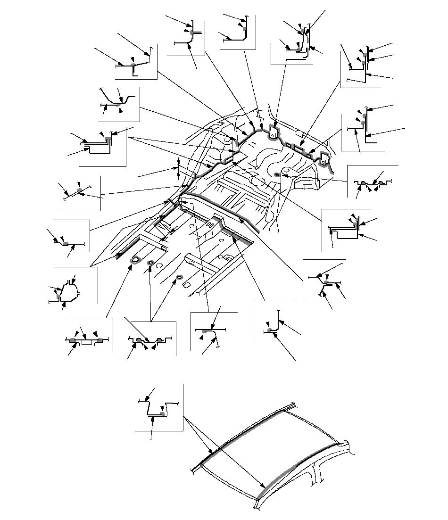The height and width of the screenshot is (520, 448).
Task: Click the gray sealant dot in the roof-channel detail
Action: point(162,413)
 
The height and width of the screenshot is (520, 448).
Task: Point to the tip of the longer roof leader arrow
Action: point(263,487)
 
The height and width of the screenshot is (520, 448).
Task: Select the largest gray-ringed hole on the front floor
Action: point(136,259)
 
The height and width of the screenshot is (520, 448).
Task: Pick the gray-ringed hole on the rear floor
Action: point(277,175)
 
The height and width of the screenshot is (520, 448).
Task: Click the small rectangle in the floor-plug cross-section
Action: point(86,343)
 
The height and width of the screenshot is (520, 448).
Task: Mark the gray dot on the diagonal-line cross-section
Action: point(79,190)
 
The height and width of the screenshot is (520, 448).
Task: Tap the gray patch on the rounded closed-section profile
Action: point(58,297)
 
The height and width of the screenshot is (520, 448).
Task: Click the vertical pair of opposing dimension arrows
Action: point(178,169)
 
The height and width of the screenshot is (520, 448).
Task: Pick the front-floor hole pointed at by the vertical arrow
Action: point(150,263)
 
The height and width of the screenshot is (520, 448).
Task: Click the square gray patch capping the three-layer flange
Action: point(108,138)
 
